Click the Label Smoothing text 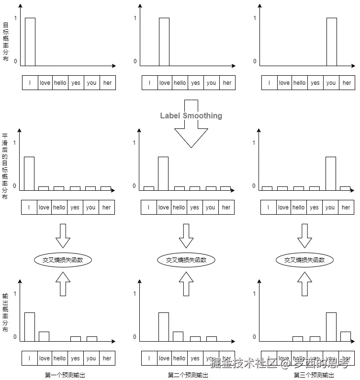pos(191,115)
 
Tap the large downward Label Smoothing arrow pos(191,134)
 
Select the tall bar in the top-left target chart pos(30,42)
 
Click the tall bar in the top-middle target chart pos(164,42)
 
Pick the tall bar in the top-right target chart pos(331,42)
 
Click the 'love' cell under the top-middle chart pos(164,83)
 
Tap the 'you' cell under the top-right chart pos(331,83)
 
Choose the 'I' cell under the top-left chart pos(30,83)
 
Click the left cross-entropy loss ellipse pos(63,260)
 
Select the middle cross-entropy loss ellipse pos(186,260)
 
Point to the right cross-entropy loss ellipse pos(304,260)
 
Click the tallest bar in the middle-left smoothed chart pos(29,173)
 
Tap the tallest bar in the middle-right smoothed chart pos(330,173)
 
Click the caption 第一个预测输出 pos(65,375)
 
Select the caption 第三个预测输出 pos(314,375)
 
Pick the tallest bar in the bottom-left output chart pos(30,327)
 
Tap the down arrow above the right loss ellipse pos(304,236)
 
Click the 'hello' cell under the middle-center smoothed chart pos(179,207)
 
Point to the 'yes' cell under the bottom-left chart pos(75,358)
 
